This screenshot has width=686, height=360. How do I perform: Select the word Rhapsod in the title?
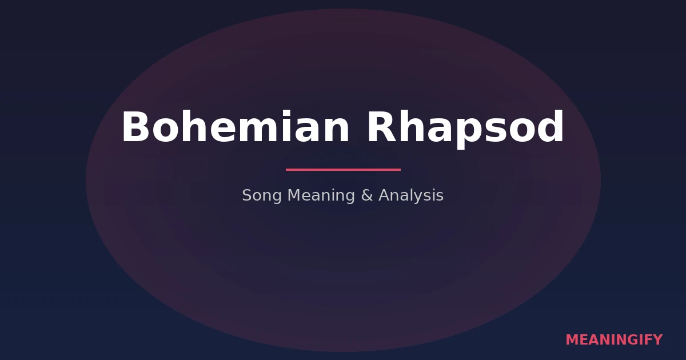(x=465, y=127)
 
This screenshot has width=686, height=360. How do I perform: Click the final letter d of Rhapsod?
(x=550, y=127)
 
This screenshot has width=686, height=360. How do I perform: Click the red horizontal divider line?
(x=343, y=170)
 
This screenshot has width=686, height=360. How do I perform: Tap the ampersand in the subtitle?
(x=366, y=195)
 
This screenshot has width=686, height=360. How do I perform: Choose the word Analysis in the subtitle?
(x=410, y=196)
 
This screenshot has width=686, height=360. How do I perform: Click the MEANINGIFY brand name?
(x=614, y=340)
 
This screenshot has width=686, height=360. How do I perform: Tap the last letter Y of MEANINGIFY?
(x=658, y=340)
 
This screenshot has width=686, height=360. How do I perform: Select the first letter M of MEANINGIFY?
(x=571, y=340)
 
